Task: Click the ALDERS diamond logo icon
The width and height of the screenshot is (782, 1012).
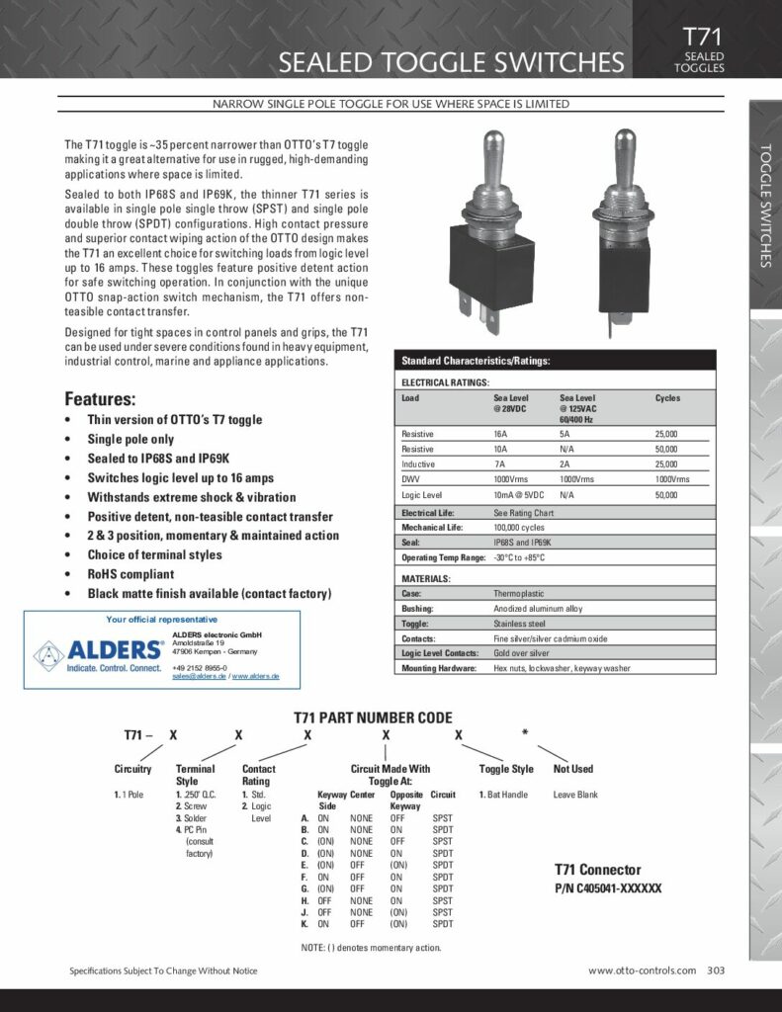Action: click(x=50, y=653)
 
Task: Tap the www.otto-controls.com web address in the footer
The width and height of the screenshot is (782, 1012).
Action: click(x=642, y=970)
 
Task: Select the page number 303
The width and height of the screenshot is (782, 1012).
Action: click(x=716, y=970)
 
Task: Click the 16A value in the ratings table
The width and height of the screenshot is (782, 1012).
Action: click(x=500, y=434)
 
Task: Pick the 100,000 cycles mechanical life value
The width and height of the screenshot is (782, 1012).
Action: click(x=520, y=528)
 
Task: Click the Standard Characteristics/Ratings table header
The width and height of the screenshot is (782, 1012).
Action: click(x=476, y=361)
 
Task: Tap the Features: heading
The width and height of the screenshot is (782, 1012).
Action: click(x=100, y=399)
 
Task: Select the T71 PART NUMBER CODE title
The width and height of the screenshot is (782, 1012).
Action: click(x=373, y=717)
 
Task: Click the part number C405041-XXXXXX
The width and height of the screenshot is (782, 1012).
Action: click(x=607, y=888)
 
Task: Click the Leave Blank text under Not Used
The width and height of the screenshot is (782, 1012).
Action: click(x=576, y=795)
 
